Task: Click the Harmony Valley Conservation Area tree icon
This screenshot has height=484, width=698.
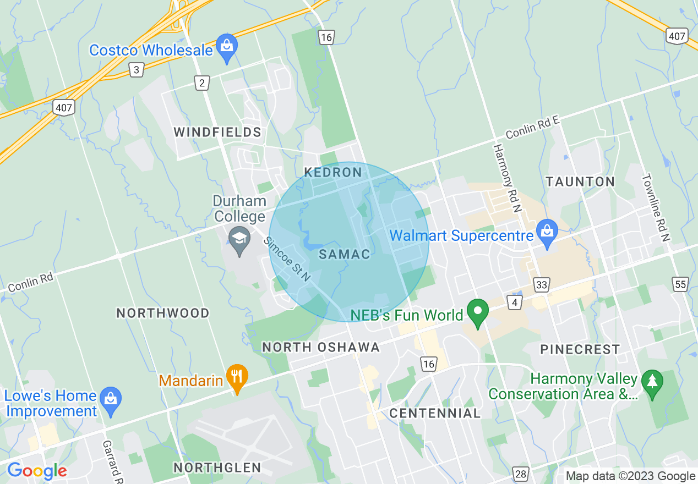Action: [x=652, y=383]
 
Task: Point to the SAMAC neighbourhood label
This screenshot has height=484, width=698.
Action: [x=345, y=255]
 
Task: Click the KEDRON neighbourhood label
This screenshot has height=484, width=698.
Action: [x=333, y=173]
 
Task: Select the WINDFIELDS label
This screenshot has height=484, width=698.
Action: [x=217, y=133]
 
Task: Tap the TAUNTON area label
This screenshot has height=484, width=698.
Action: [x=580, y=182]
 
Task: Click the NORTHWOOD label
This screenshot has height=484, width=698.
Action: [x=163, y=313]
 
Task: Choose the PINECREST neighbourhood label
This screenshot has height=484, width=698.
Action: [x=580, y=350]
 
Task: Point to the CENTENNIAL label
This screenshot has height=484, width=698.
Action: [x=435, y=413]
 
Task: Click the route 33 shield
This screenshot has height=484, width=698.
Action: [x=542, y=284]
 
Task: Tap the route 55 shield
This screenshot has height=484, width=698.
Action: [x=680, y=284]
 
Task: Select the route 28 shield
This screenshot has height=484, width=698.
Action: [x=520, y=474]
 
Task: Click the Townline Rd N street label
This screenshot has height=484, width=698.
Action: [x=655, y=208]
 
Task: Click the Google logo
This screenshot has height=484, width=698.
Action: [x=37, y=471]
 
